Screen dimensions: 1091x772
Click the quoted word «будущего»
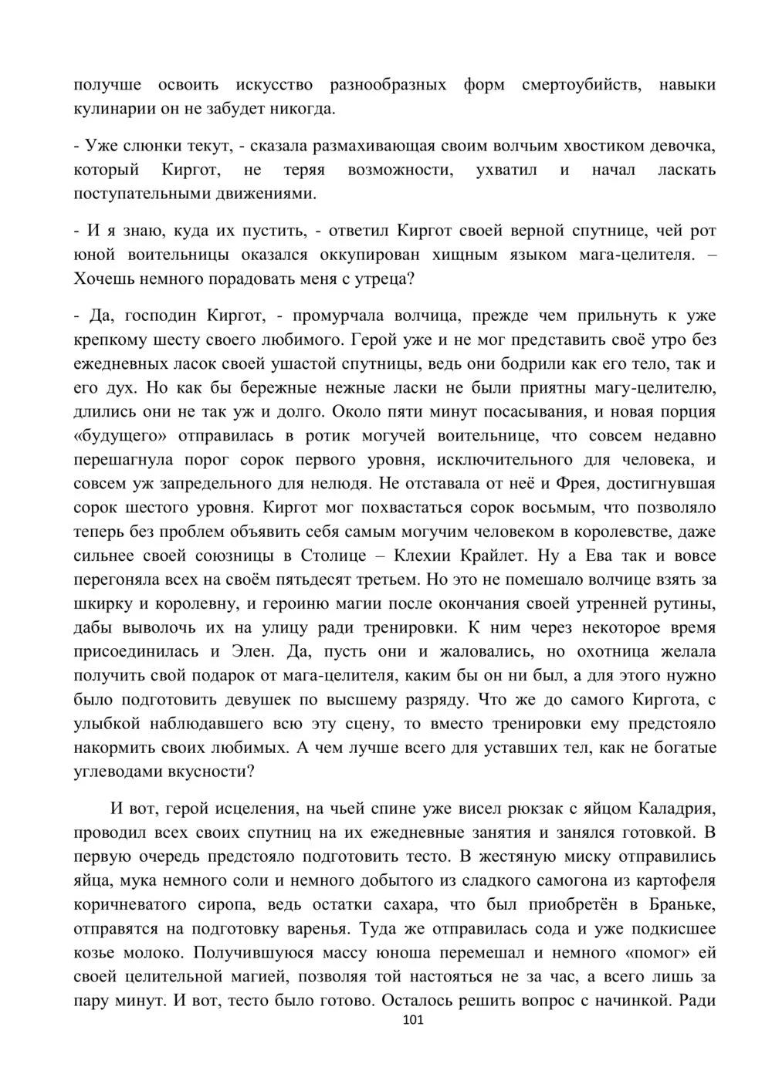tap(120, 436)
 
